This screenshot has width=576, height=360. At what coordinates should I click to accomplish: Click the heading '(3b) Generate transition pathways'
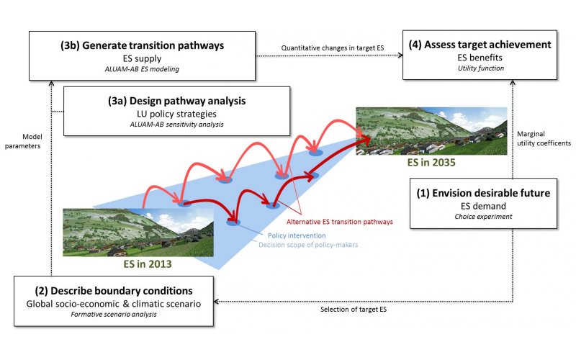tap(142, 45)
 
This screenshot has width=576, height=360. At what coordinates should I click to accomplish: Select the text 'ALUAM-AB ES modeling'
tap(142, 69)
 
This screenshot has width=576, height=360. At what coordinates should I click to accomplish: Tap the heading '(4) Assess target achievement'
tap(480, 45)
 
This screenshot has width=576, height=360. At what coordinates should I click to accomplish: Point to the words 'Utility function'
tap(480, 68)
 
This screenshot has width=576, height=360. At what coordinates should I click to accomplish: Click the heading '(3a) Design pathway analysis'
tap(176, 101)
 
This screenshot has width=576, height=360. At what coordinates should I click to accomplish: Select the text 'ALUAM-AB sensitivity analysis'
tap(176, 124)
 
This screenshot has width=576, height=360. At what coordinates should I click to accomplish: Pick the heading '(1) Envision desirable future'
tap(483, 193)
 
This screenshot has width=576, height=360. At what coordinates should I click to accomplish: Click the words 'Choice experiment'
tap(483, 217)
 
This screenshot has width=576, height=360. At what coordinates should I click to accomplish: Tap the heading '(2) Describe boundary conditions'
tap(114, 291)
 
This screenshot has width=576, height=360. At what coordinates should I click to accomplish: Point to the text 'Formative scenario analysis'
tap(114, 314)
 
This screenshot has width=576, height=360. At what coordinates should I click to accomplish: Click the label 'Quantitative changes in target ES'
tap(333, 48)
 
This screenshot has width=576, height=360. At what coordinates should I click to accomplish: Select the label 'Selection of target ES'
tap(354, 310)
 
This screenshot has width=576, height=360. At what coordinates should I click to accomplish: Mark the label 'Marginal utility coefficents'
tap(544, 138)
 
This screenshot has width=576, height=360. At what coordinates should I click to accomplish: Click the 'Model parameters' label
tap(23, 141)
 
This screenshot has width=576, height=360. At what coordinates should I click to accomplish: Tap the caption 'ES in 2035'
tap(431, 163)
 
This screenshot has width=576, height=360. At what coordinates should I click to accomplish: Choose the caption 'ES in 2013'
tap(148, 264)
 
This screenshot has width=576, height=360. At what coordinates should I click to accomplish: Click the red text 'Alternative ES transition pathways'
tap(339, 222)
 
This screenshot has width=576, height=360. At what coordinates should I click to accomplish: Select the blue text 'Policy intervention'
tap(297, 235)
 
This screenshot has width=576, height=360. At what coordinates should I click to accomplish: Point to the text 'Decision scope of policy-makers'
tap(308, 245)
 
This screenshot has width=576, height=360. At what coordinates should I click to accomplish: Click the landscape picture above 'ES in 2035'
tap(431, 131)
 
